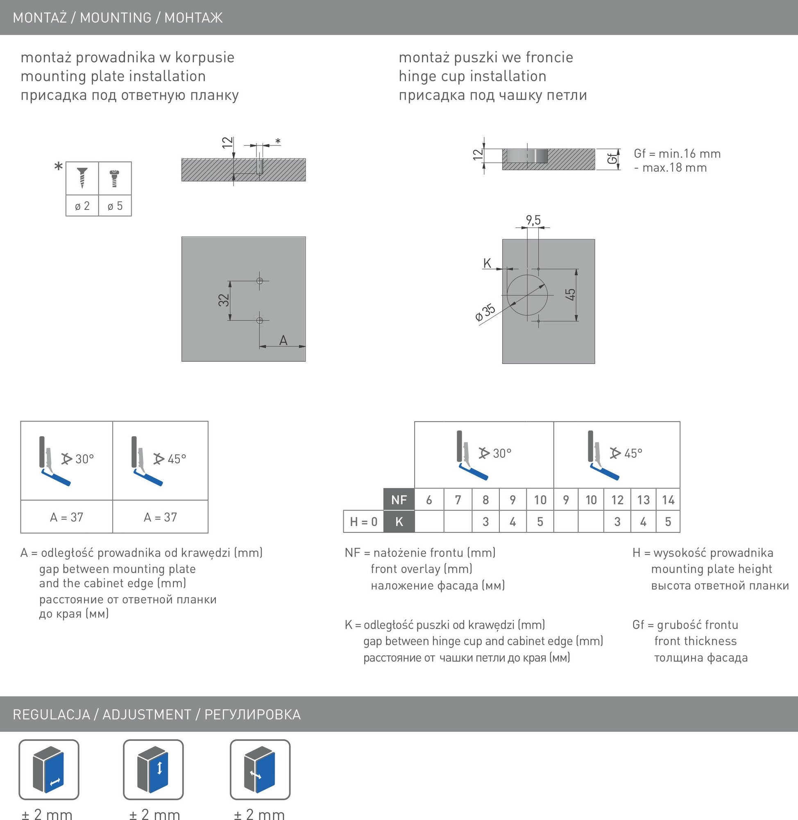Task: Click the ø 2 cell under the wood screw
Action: tap(82, 205)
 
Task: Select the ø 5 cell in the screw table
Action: tap(115, 205)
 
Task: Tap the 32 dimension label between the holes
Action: tap(224, 300)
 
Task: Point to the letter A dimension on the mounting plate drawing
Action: tap(283, 340)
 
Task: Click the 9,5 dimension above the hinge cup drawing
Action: tap(533, 220)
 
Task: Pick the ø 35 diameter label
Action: tap(485, 313)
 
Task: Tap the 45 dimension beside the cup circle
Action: tap(570, 294)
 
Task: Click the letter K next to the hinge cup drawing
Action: tap(487, 263)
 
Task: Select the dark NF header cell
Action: tap(399, 499)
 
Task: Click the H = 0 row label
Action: tap(363, 522)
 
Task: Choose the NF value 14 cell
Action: tap(668, 499)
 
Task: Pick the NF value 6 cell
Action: tap(429, 499)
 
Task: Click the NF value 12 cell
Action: tap(617, 499)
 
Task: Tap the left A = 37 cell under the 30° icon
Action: tap(67, 517)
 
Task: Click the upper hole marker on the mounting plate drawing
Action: tap(259, 280)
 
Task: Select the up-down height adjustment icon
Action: tap(153, 770)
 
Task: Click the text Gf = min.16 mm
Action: tap(677, 153)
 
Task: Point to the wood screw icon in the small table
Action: tap(82, 178)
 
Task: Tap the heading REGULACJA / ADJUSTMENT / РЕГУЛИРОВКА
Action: tap(157, 714)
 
